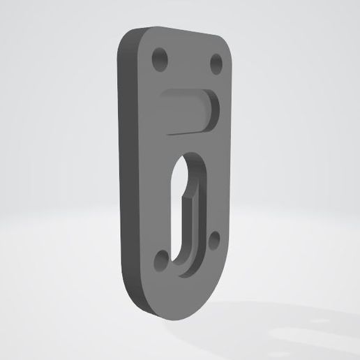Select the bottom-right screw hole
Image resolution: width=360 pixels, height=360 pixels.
pyautogui.click(x=213, y=241)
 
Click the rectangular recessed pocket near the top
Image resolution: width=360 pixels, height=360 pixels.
pyautogui.click(x=184, y=109)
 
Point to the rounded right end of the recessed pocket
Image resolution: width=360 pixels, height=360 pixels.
pyautogui.click(x=212, y=110)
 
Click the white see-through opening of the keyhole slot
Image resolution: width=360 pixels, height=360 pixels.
pyautogui.click(x=182, y=209)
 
